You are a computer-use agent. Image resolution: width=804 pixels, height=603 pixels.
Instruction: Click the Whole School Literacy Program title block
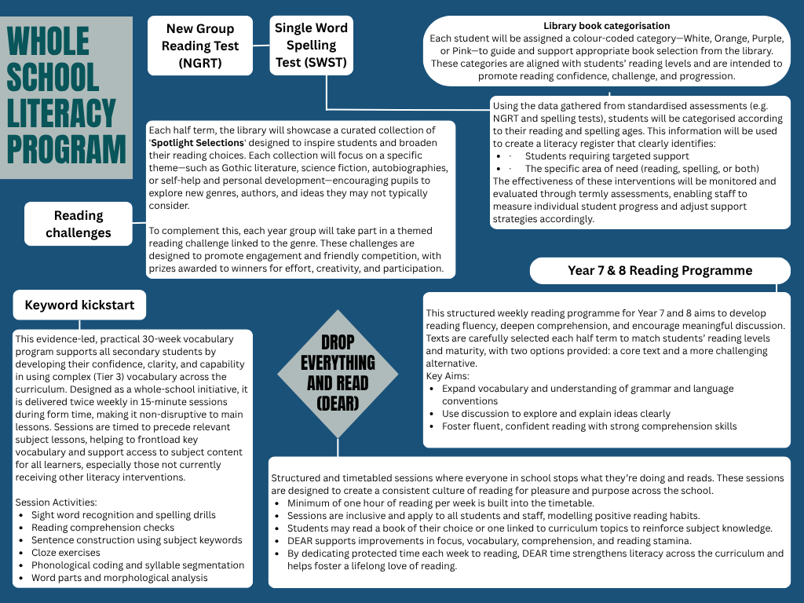(66, 96)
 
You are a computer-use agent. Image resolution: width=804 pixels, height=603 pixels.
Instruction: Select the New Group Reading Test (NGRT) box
(200, 46)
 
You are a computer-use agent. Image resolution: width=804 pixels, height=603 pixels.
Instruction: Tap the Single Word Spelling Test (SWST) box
(311, 46)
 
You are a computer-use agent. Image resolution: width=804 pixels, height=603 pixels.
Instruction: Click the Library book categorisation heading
(606, 26)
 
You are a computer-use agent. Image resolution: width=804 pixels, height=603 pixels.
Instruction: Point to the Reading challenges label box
(79, 224)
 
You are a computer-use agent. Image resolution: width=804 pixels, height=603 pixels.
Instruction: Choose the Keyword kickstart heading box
(79, 305)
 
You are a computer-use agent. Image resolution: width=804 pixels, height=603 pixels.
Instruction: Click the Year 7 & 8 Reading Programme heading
(660, 271)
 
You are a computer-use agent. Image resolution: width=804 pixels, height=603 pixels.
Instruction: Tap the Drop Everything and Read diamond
(338, 373)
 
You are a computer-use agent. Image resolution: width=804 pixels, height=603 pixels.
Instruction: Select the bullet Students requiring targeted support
(596, 156)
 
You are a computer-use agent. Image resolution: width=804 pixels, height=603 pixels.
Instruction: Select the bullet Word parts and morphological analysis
(119, 578)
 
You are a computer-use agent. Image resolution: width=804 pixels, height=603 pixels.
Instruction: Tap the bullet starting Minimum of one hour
(440, 502)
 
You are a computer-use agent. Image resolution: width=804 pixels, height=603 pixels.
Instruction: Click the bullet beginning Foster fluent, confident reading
(589, 426)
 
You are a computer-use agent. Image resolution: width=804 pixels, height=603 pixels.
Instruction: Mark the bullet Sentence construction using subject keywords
(137, 540)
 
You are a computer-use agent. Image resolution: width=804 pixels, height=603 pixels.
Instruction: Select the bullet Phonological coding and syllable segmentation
(137, 565)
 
